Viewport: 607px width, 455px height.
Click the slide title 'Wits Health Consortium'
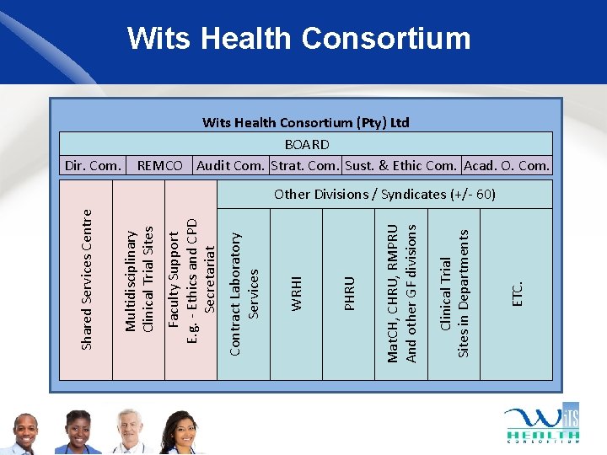point(298,39)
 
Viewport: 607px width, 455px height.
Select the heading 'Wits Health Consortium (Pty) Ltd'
point(305,123)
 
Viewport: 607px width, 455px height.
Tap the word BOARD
point(306,144)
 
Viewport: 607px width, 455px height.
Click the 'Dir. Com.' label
point(93,166)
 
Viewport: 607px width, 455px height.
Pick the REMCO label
point(159,166)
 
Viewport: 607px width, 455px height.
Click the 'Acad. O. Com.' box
point(507,166)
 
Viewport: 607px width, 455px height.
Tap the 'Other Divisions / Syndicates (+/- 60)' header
point(384,195)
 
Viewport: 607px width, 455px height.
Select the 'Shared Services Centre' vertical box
point(85,278)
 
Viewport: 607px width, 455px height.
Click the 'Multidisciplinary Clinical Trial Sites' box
point(138,278)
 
